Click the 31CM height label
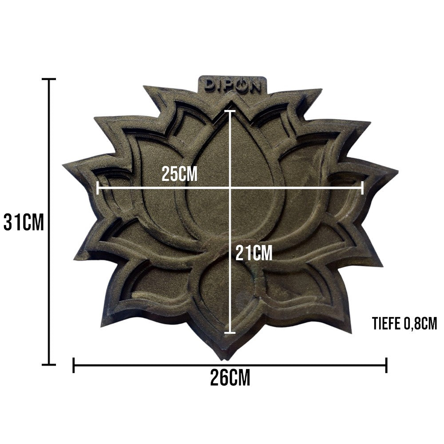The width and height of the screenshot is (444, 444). (x=24, y=222)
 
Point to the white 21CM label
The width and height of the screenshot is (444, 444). (x=254, y=253)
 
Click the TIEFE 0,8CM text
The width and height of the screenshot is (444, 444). (x=405, y=323)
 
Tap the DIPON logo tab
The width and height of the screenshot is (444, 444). (x=233, y=84)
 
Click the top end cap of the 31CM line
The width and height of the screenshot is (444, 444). (x=49, y=79)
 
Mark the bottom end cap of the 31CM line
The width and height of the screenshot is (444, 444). (x=49, y=365)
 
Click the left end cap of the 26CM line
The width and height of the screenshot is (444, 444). (x=74, y=365)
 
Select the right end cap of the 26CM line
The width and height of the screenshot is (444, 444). (x=387, y=365)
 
